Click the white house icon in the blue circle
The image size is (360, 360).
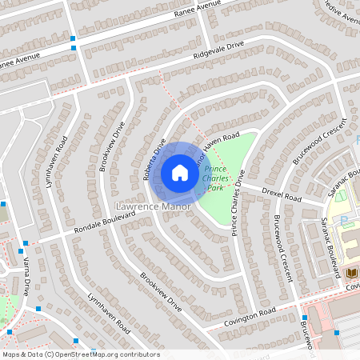180,172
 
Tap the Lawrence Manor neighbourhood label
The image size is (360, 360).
148,206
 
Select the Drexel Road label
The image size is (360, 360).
282,194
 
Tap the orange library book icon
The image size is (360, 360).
351,274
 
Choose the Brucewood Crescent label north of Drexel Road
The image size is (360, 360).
318,142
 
